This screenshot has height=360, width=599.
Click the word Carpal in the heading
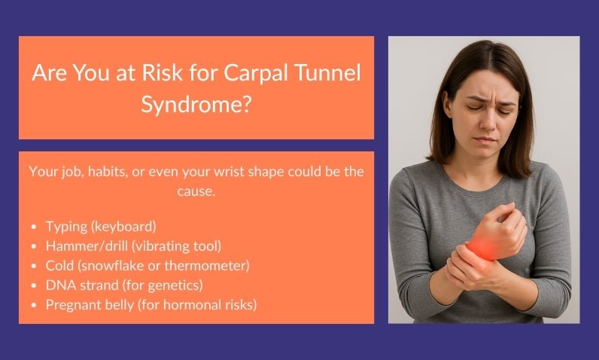click(x=248, y=74)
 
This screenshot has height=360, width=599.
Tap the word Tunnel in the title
click(x=324, y=74)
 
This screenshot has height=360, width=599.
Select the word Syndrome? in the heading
click(x=196, y=104)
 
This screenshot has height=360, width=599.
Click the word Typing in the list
click(x=65, y=226)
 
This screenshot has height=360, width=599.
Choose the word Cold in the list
click(x=59, y=265)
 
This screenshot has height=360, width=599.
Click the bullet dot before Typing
click(x=35, y=227)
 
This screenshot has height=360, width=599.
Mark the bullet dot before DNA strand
click(x=35, y=285)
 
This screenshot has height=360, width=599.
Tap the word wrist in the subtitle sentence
click(x=249, y=172)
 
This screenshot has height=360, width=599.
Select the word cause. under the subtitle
click(x=196, y=191)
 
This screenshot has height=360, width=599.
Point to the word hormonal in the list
click(x=199, y=304)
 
